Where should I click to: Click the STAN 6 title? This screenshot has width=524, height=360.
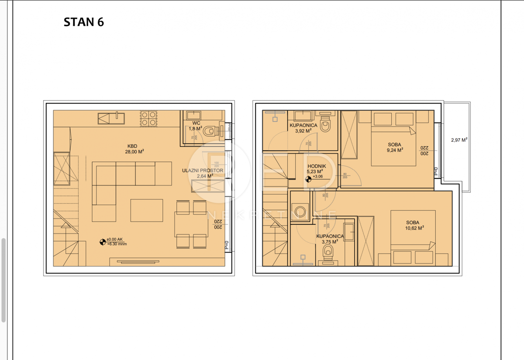pos(84,22)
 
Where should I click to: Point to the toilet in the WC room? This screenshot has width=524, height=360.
pos(210,130)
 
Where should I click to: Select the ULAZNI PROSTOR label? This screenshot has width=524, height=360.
pos(203,173)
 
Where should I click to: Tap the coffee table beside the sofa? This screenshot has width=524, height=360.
pos(147,210)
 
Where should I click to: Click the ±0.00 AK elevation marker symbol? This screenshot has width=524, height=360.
pos(103,240)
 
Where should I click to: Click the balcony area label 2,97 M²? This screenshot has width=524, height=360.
pos(459,140)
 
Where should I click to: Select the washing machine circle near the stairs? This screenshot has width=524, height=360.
pos(300,210)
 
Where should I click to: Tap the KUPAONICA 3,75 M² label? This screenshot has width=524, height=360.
pos(330,239)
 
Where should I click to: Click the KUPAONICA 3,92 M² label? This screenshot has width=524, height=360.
pos(303,128)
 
